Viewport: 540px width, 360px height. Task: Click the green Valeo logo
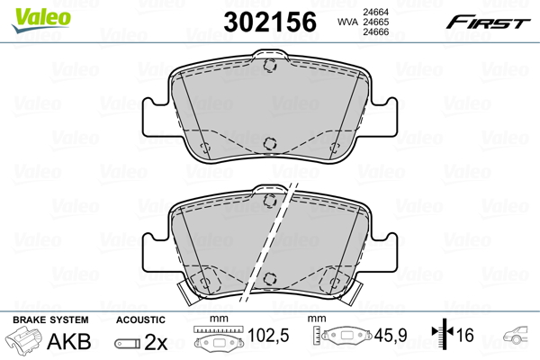tap(41, 20)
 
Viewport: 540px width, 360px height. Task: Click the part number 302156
tap(270, 22)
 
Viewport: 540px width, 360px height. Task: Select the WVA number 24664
tap(376, 12)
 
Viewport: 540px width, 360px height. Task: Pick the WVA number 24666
tap(376, 32)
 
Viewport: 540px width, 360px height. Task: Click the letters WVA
tap(347, 22)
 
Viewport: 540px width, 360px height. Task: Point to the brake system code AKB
tap(69, 341)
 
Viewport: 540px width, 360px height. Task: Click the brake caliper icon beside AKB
tap(23, 339)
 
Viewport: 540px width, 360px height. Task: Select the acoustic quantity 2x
tap(156, 342)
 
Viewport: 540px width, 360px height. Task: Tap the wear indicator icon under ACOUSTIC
tap(128, 344)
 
